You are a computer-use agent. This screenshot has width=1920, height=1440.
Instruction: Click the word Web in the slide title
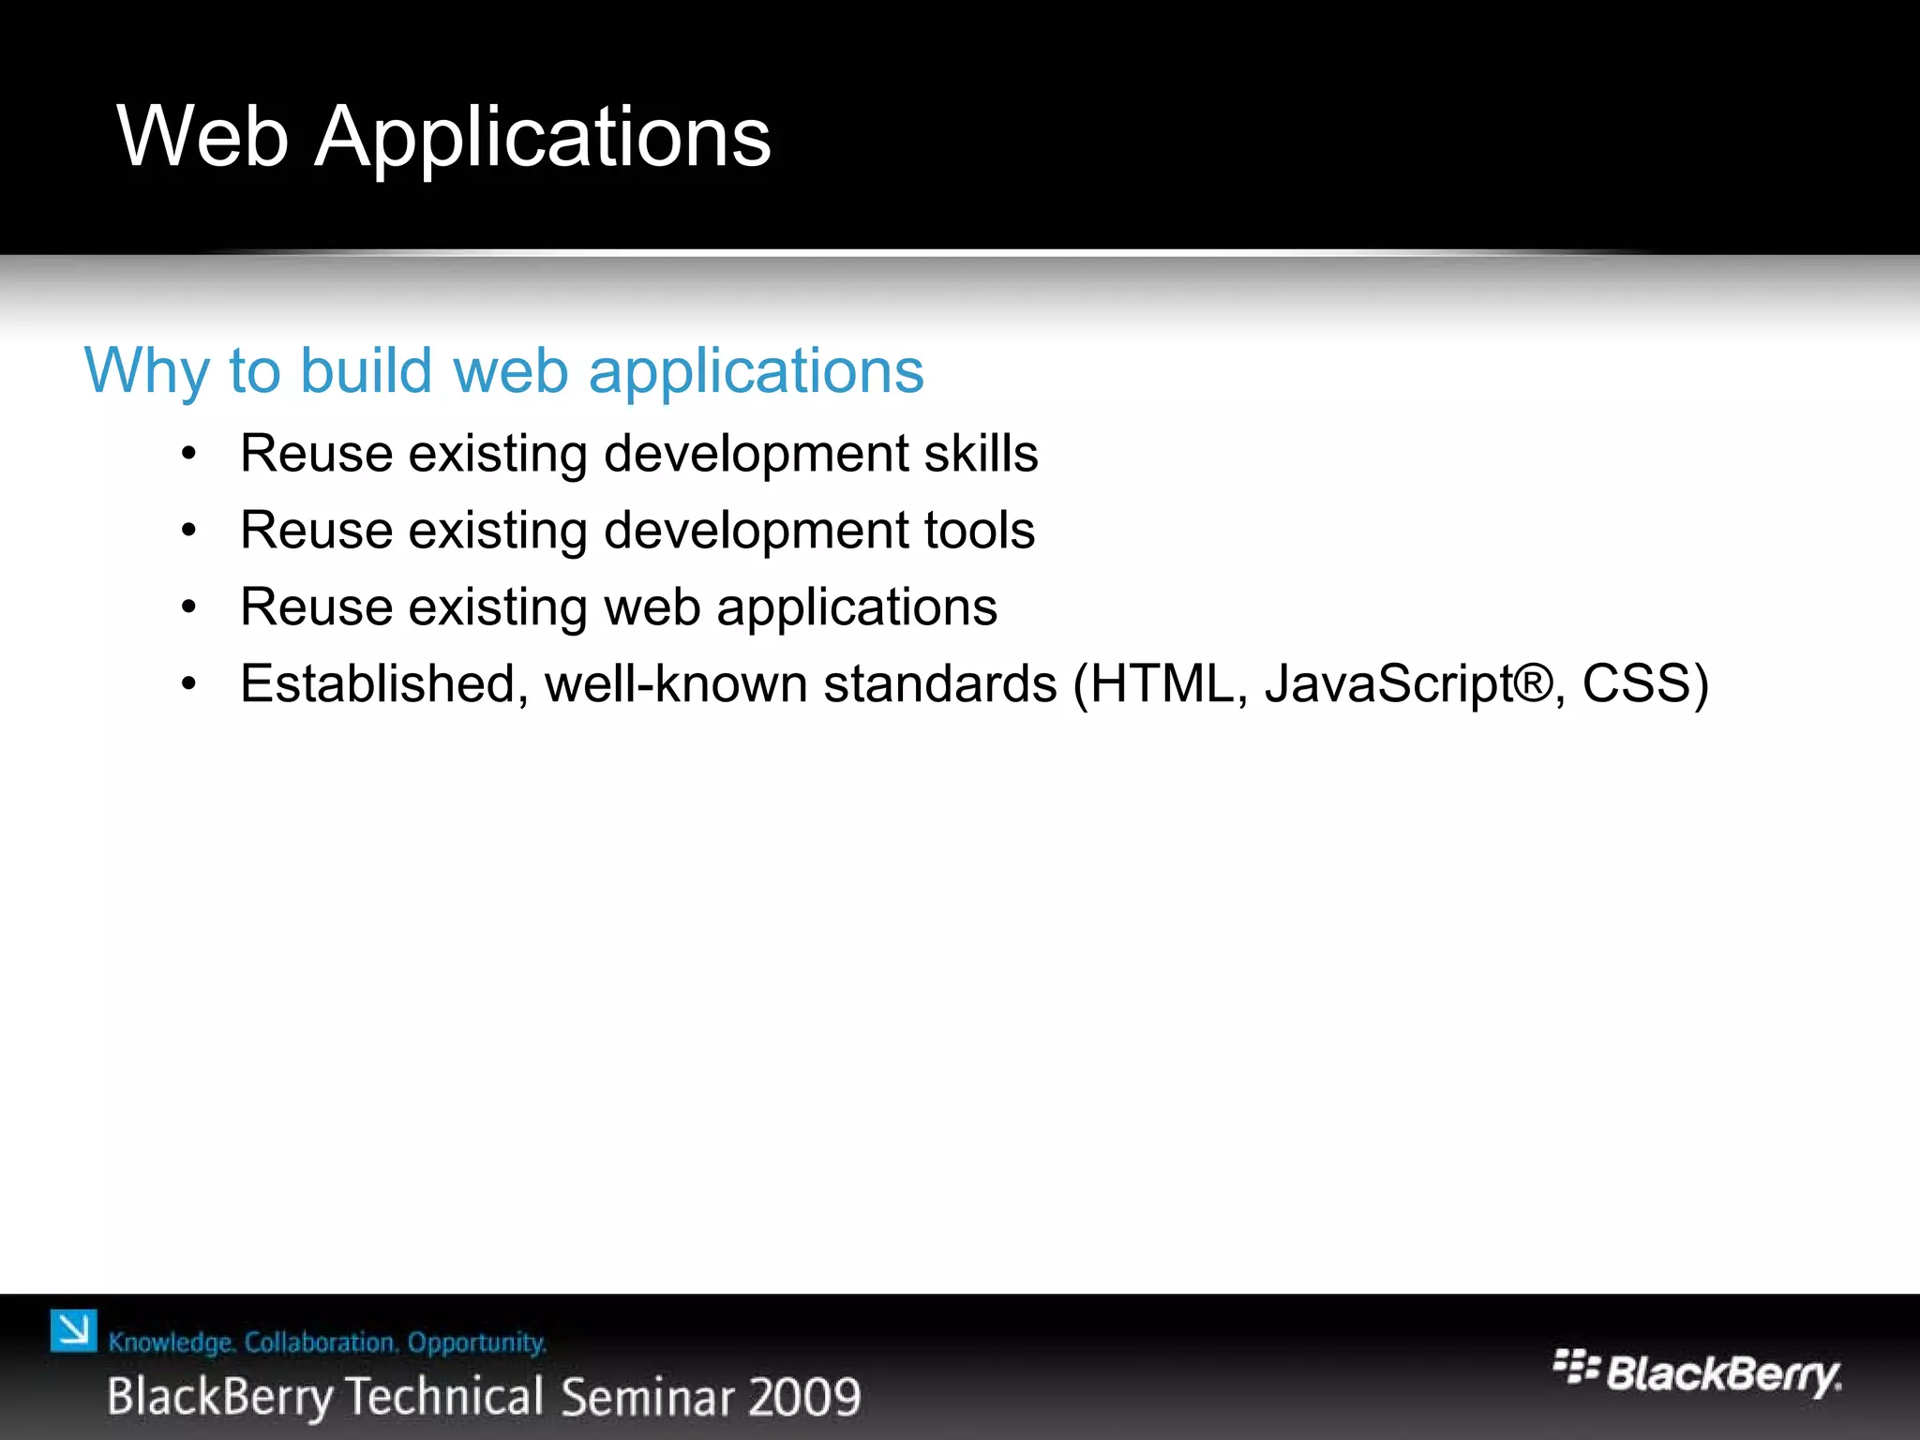click(x=202, y=137)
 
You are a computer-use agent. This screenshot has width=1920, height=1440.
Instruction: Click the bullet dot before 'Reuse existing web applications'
click(x=189, y=608)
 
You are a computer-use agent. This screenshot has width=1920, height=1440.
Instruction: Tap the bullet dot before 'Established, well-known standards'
click(x=189, y=685)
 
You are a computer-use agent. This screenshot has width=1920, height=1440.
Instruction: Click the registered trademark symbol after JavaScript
click(x=1532, y=682)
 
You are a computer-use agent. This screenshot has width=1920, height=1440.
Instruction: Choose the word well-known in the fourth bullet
click(x=675, y=683)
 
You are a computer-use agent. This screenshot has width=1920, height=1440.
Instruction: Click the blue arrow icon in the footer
click(x=73, y=1331)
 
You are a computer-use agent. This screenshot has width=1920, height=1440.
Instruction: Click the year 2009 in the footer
click(x=805, y=1397)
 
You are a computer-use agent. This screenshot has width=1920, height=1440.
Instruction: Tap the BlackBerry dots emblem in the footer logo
click(x=1575, y=1367)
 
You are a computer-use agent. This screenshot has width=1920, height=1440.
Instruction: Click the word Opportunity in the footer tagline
click(x=476, y=1342)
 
